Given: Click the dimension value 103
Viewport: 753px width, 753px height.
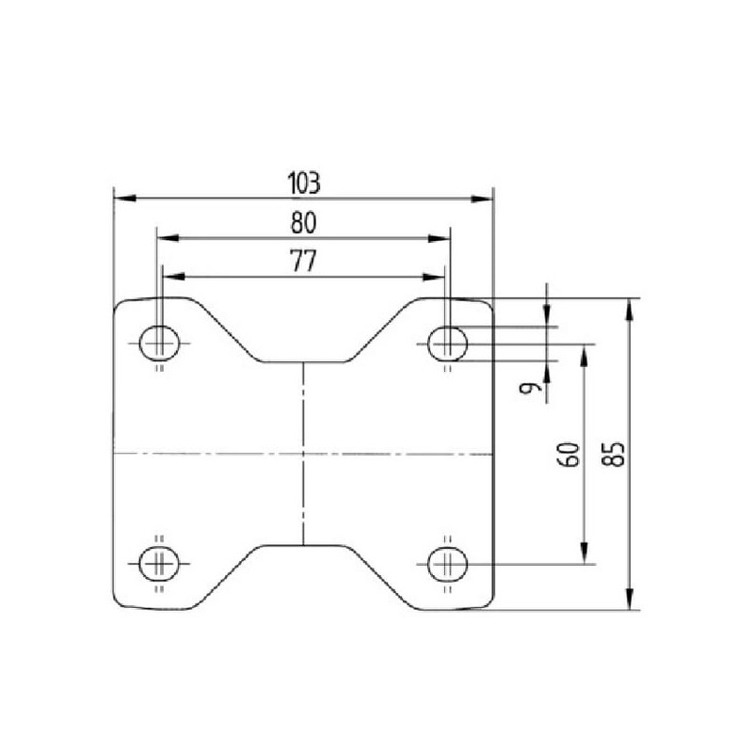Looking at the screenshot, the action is tap(303, 183).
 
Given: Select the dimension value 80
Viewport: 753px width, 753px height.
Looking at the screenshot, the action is tap(303, 223).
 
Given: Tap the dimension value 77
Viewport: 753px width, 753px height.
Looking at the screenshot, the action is tap(303, 262).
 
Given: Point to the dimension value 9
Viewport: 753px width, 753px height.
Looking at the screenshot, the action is tap(528, 387).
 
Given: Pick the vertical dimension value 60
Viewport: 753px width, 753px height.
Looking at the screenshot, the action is tap(569, 455).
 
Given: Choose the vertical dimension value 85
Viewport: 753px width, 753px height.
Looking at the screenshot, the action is tap(614, 455).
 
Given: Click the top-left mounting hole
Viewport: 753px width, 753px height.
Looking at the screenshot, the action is tap(159, 344).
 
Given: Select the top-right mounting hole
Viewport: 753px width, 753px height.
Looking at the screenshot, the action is tap(448, 344).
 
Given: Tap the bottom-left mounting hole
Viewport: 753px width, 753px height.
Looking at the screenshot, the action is tap(159, 563).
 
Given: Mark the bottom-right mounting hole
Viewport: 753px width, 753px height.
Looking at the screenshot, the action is tap(448, 564).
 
